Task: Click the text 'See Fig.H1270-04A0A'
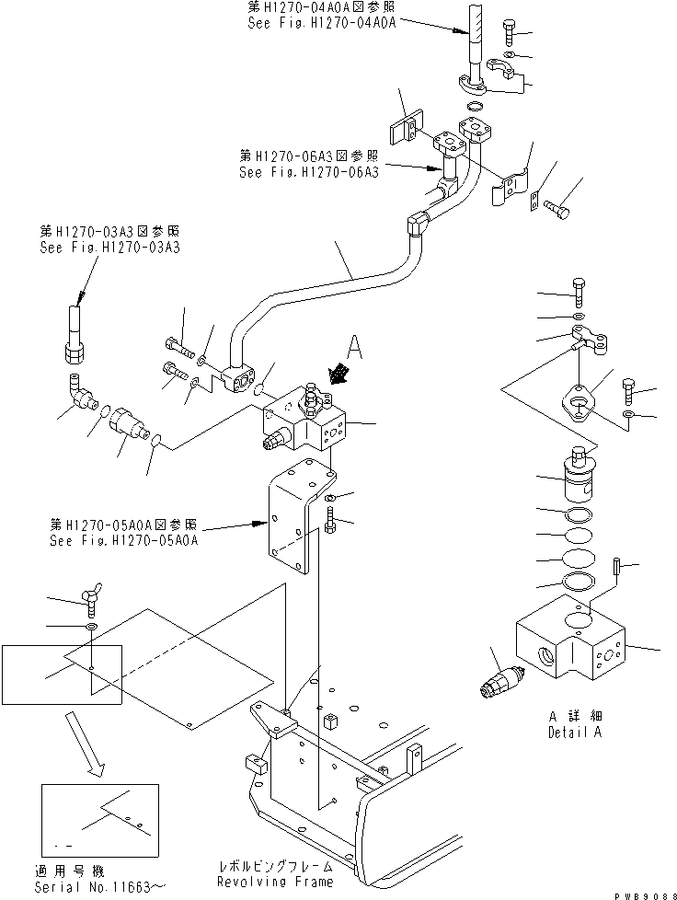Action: [x=322, y=23]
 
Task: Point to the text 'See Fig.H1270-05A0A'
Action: [x=125, y=541]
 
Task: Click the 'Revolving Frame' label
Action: [x=275, y=882]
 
